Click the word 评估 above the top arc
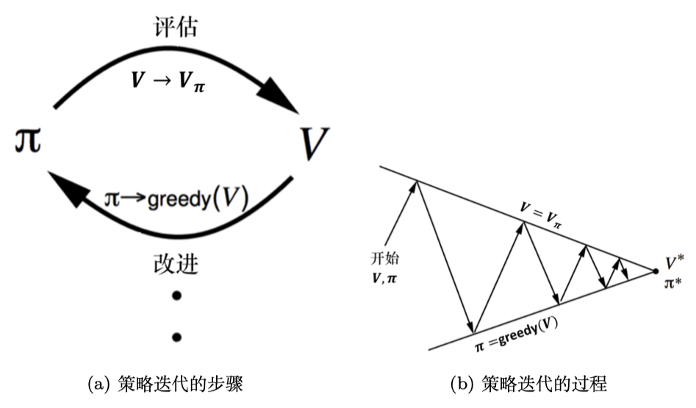177,26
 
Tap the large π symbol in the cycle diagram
24,139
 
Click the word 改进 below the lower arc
176,262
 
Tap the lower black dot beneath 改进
176,337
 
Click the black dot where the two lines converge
656,272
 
